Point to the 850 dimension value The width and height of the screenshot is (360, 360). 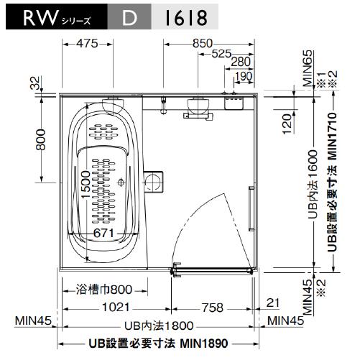[x=203, y=43]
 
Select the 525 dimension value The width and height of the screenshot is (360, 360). [x=221, y=54]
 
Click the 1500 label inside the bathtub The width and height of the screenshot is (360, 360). [x=86, y=183]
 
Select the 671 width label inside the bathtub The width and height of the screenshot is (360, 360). [x=103, y=234]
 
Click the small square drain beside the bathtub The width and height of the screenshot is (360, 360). [x=154, y=180]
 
